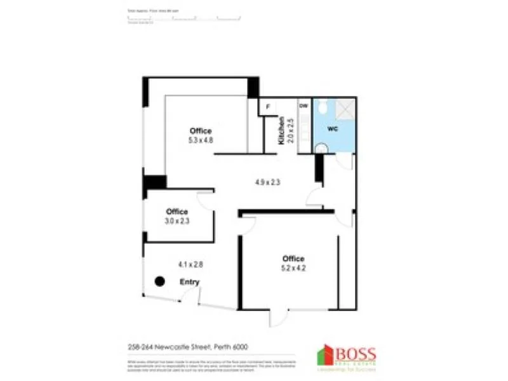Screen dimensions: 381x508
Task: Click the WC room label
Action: click(x=332, y=129)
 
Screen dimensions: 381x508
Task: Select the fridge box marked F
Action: click(x=267, y=107)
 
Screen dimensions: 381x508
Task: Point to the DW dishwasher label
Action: click(x=304, y=106)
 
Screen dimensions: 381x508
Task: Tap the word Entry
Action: click(x=189, y=282)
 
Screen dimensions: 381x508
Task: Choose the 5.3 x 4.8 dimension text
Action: click(x=200, y=140)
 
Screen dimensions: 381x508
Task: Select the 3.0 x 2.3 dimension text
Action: click(x=177, y=221)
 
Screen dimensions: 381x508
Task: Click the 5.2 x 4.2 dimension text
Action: click(x=293, y=268)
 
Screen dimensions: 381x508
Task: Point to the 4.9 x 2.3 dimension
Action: click(x=268, y=182)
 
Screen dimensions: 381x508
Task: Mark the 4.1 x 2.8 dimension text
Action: click(x=190, y=264)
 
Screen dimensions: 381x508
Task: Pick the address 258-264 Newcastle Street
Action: click(x=187, y=346)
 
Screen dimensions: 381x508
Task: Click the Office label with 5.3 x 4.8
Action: click(x=200, y=131)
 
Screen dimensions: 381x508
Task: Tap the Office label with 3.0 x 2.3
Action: click(x=177, y=211)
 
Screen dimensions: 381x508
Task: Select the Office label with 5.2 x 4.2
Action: click(x=293, y=258)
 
